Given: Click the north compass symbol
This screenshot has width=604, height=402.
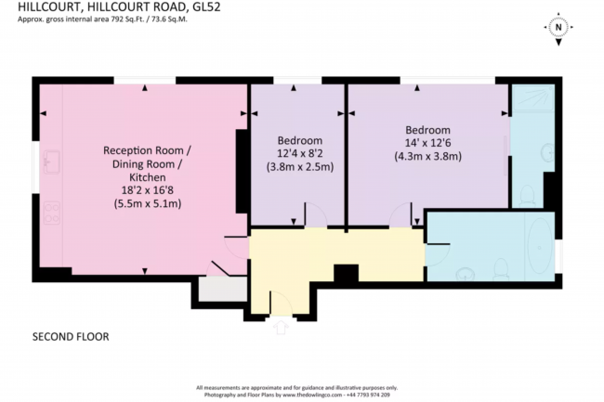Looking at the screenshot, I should [558, 28].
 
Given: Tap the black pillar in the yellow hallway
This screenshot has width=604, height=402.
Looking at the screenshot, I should [346, 275].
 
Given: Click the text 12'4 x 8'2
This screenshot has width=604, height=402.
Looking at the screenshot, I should [299, 153].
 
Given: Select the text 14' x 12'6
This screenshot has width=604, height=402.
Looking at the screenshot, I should [427, 143].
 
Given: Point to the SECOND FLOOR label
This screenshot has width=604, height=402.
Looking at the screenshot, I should [71, 336].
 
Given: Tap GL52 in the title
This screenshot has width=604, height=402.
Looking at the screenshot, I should [212, 7].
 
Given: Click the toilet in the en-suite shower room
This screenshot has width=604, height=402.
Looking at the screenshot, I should [528, 193].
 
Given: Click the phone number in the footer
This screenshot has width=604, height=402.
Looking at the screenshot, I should [369, 395].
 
